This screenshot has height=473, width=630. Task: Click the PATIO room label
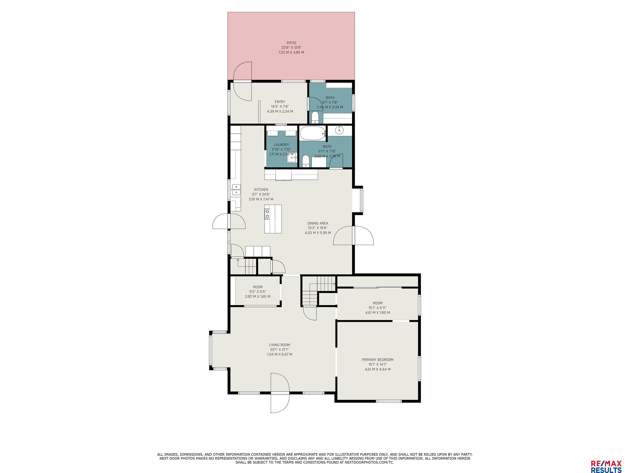[x=291, y=43]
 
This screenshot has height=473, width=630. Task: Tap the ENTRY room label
[x=280, y=102]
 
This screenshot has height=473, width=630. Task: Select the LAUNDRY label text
[x=281, y=145]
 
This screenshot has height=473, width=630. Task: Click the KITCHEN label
[x=261, y=190]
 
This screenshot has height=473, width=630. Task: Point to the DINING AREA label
[x=318, y=223]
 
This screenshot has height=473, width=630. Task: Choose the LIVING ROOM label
[x=279, y=345]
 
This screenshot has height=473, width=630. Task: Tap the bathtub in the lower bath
[x=313, y=133]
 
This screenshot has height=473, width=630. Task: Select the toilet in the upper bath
[x=315, y=117]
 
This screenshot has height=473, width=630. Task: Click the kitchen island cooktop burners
[x=267, y=214]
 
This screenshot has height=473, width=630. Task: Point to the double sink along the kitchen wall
[x=236, y=190]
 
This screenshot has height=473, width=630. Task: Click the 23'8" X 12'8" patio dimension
[x=291, y=48]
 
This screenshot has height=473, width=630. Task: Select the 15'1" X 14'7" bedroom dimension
[x=378, y=364]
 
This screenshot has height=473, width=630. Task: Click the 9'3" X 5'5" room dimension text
[x=258, y=292]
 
